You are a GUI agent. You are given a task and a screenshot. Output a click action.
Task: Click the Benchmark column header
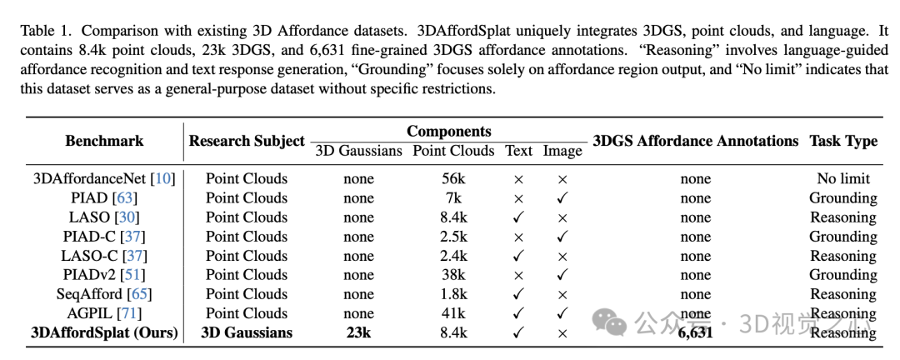104,141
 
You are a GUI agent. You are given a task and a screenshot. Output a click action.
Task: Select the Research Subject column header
247,141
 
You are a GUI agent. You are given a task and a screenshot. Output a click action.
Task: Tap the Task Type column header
842,141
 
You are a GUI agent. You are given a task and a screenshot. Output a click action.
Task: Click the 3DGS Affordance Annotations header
695,141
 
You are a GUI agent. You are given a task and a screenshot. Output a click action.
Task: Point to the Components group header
448,132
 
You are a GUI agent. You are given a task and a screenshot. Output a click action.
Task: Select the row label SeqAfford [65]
104,294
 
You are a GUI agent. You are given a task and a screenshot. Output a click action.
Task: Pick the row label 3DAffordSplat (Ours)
104,332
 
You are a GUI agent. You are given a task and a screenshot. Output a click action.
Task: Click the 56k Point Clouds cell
453,178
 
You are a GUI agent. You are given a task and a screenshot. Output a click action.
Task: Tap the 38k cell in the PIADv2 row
453,275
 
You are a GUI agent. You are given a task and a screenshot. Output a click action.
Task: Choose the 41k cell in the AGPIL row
453,313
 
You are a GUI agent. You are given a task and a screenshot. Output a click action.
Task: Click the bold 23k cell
358,332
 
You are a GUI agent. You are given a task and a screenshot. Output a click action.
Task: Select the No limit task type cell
842,178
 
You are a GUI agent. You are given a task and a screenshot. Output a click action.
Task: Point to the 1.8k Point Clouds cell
453,294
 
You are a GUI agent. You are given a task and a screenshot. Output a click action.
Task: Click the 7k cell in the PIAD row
453,198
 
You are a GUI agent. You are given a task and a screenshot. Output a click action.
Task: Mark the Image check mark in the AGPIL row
562,313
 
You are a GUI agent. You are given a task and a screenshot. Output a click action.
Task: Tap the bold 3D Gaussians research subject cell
247,332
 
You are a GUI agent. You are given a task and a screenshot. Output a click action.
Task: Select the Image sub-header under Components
562,151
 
